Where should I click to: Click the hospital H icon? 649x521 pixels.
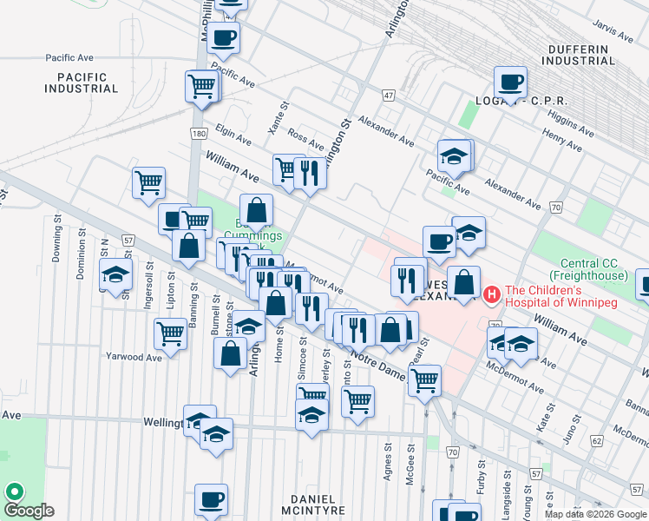pos(493,296)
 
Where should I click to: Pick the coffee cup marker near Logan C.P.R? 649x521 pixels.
pos(510,82)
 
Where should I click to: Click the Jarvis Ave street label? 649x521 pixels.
pos(615,32)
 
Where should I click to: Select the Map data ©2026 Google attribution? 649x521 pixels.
pos(594,514)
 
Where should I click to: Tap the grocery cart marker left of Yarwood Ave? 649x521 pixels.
pos(170,332)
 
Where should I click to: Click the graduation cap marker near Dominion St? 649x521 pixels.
pos(115,274)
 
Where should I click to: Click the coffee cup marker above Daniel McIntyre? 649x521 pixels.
pos(211,498)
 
